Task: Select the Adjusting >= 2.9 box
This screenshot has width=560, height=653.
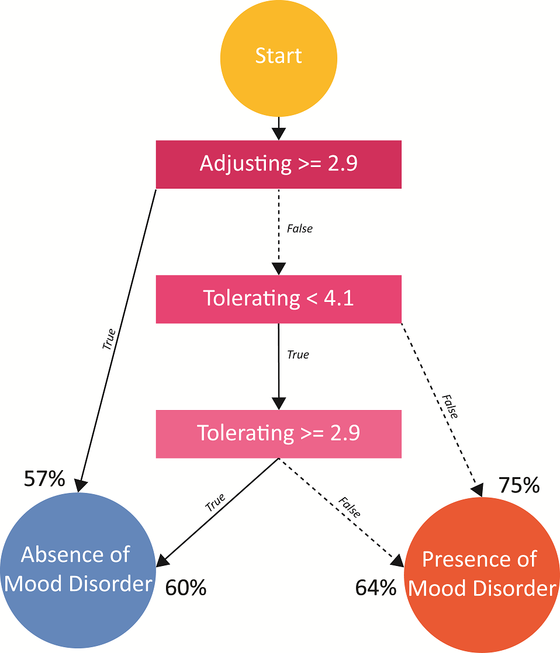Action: coord(278,164)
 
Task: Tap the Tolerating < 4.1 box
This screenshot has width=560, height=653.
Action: coord(278,298)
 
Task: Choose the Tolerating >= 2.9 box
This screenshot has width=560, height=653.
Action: coord(278,433)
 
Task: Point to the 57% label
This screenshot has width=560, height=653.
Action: coord(44,479)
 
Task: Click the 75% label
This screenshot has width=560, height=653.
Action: coord(518,485)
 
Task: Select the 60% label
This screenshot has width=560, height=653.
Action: coord(186,588)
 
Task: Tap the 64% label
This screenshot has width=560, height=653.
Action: coord(376,588)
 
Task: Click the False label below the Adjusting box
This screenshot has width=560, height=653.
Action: coord(299,229)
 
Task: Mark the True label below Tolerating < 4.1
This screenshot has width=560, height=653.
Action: coord(298,355)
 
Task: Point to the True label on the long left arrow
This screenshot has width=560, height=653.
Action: coord(109,339)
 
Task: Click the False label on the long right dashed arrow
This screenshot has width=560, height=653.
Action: coord(450,406)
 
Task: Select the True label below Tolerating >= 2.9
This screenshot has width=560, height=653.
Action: coord(215,502)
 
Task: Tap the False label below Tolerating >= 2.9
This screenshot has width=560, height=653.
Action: coord(349,507)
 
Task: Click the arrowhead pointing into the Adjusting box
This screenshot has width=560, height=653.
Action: coord(279,134)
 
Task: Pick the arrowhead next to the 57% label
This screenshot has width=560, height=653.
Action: coord(81,485)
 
